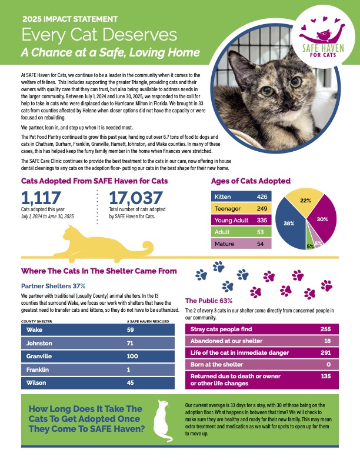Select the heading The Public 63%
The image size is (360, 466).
click(208, 300)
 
